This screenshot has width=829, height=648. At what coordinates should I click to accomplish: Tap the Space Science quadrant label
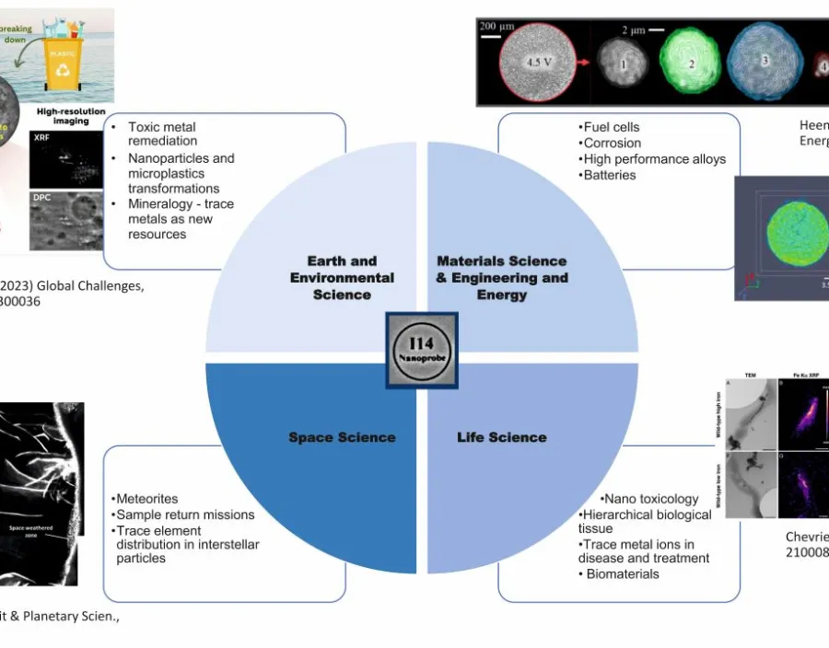click(x=342, y=437)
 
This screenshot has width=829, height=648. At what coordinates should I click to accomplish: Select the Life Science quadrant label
click(x=501, y=437)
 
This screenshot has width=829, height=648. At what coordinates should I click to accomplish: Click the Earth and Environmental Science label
click(x=342, y=278)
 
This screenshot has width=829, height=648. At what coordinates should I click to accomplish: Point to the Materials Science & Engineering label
click(x=502, y=278)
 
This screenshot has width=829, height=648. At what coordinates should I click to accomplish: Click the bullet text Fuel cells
click(x=610, y=127)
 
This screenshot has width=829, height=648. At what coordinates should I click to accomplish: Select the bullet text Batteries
click(x=608, y=175)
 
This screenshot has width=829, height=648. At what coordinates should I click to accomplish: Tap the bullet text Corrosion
click(x=612, y=143)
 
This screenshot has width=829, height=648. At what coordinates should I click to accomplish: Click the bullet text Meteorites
click(x=148, y=499)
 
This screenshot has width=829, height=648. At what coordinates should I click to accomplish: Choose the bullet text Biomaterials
click(x=624, y=573)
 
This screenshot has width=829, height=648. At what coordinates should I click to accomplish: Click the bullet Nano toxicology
click(x=650, y=499)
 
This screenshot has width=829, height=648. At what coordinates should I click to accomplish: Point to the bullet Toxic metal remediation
click(x=162, y=133)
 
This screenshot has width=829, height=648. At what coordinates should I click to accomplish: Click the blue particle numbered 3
click(x=764, y=64)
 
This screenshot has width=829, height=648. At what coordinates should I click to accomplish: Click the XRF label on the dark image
click(x=42, y=137)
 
